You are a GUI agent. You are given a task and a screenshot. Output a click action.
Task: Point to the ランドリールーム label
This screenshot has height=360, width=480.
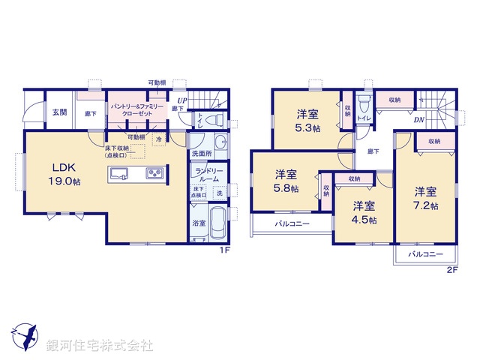(208, 175)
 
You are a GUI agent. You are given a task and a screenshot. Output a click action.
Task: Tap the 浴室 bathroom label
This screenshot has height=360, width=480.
(199, 223)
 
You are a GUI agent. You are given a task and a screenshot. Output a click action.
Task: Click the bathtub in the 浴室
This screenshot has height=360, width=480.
(217, 224)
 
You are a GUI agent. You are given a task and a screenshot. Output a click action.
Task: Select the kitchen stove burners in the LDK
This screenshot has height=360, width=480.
(154, 174)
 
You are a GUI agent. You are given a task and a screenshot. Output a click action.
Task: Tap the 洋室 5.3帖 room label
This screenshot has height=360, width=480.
(305, 121)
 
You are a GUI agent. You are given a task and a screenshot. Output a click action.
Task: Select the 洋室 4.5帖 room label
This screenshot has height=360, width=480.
(364, 212)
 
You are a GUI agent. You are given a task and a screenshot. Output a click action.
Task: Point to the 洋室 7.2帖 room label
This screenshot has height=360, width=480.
(425, 196)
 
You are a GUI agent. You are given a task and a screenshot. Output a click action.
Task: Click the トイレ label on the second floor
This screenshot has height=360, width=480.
(363, 118)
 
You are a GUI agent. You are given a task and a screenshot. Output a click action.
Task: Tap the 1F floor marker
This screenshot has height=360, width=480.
(223, 250)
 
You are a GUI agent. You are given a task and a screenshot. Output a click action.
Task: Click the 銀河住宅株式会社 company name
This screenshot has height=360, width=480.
(100, 346)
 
